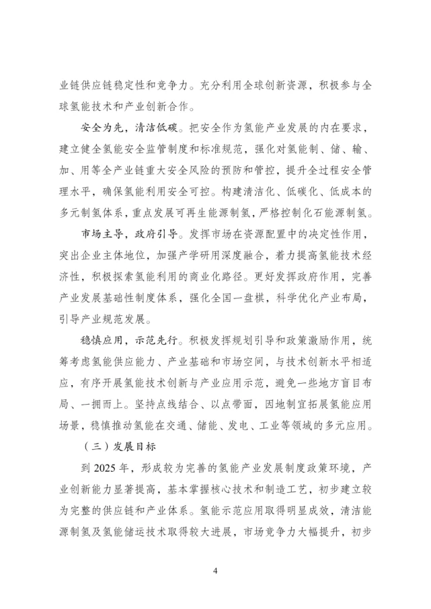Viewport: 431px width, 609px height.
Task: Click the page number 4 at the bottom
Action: [215, 571]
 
